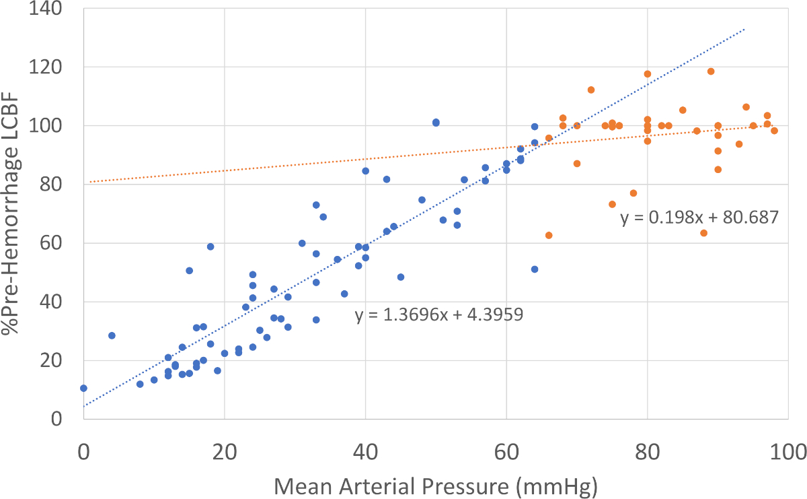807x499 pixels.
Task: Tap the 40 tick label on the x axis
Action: [x=365, y=450]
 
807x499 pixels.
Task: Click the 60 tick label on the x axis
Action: [x=506, y=450]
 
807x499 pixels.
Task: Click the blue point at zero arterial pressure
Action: [x=83, y=388]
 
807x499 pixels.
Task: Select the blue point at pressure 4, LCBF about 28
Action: [x=112, y=335]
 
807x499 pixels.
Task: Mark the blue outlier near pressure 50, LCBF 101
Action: [x=436, y=123]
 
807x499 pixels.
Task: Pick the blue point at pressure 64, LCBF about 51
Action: [x=535, y=269]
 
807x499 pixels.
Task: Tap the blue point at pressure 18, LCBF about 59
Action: [x=210, y=246]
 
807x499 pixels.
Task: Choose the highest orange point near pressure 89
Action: [x=711, y=71]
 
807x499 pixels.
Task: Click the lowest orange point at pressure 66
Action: [x=549, y=235]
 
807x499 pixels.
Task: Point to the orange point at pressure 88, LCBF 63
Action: [x=703, y=233]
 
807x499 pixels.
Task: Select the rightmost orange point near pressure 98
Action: [x=774, y=131]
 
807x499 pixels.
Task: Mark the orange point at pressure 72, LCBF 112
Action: [x=591, y=90]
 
